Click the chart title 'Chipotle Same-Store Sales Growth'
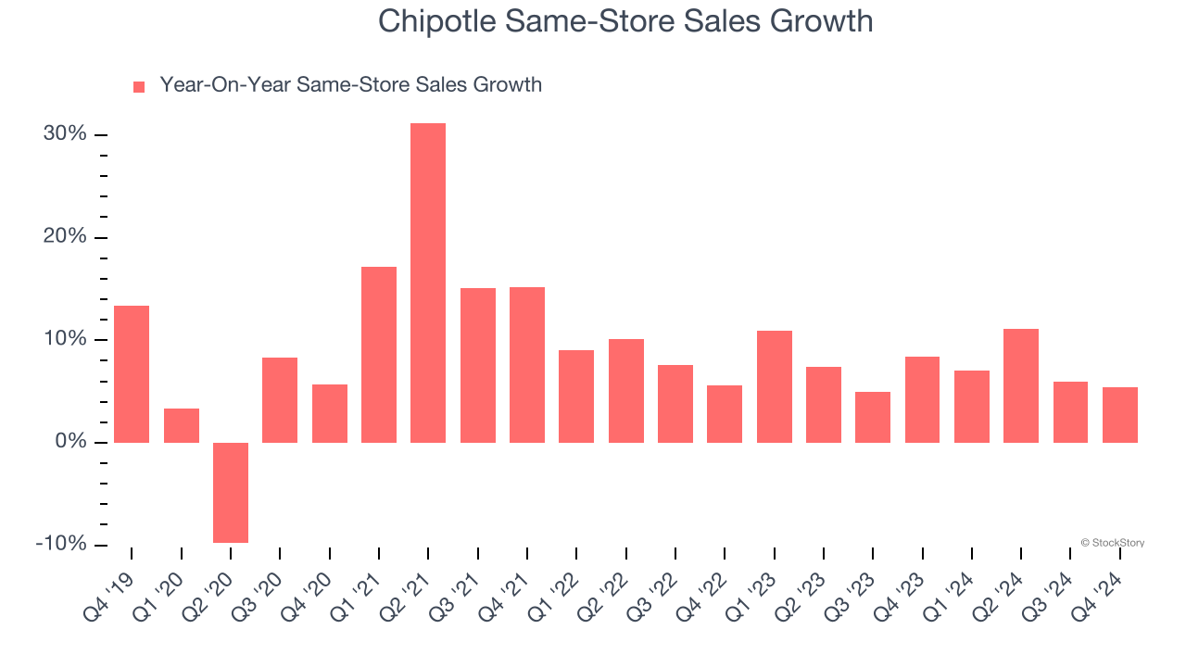click(625, 20)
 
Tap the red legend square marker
click(139, 86)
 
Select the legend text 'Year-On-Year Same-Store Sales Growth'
click(350, 85)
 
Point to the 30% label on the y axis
click(65, 134)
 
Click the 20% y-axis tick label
click(65, 237)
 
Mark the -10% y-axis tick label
click(61, 544)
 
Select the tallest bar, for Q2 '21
click(428, 283)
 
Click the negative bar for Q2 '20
click(231, 492)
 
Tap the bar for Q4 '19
click(132, 374)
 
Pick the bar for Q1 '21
click(379, 355)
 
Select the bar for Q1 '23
click(774, 386)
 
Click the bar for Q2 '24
click(1021, 385)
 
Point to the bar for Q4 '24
click(1120, 414)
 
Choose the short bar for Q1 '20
click(182, 425)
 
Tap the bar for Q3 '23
click(873, 417)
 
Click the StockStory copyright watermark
click(1112, 543)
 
